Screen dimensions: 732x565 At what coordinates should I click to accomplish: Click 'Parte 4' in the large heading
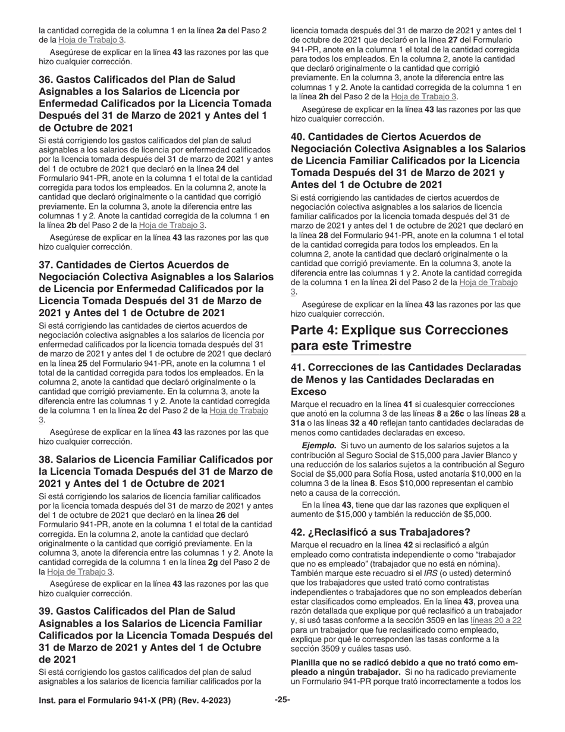pyautogui.click(x=315, y=330)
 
